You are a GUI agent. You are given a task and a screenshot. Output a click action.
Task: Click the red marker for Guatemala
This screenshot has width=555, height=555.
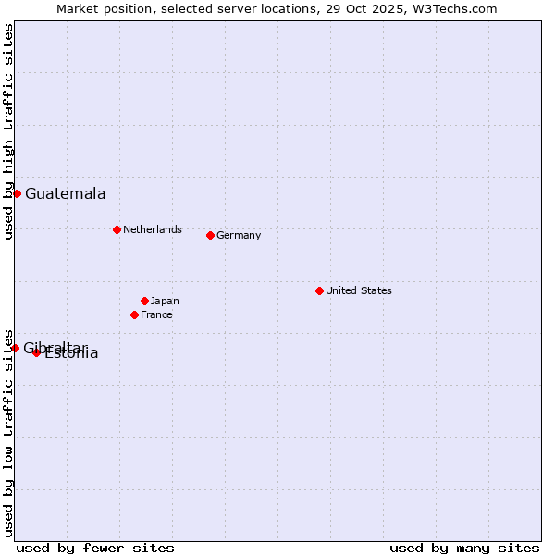(17, 193)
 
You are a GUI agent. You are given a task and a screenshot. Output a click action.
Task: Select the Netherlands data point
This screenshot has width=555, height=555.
(117, 229)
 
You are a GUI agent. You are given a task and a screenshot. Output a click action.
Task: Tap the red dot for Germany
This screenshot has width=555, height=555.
(210, 235)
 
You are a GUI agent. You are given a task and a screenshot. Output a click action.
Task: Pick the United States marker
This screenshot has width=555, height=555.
(319, 290)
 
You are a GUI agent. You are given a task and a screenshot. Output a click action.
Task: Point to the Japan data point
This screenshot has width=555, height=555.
(144, 301)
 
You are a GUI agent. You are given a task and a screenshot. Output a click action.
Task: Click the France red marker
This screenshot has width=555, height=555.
(134, 314)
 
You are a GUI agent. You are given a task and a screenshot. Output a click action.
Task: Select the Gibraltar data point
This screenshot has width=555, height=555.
(15, 348)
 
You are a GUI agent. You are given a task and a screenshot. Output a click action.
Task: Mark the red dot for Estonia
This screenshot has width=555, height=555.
(36, 352)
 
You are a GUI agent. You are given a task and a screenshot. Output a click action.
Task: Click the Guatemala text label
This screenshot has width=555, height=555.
(65, 194)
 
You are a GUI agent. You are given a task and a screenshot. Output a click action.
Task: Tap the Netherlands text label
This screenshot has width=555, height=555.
(152, 229)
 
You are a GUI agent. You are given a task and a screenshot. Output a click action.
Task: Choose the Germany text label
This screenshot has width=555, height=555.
(239, 235)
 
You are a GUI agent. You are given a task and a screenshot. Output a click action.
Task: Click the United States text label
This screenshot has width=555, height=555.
(358, 290)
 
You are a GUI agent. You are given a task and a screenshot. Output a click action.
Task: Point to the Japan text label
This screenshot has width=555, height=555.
(165, 301)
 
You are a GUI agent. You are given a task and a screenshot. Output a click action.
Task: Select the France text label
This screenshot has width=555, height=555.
(156, 314)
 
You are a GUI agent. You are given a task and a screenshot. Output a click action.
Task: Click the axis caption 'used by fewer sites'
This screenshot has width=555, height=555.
(95, 548)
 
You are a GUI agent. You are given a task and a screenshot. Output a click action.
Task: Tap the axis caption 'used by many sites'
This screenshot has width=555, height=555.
(464, 548)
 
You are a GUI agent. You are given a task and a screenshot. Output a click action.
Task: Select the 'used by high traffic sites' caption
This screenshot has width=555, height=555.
(9, 131)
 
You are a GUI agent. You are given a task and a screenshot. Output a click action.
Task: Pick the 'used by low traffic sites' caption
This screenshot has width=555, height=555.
(9, 432)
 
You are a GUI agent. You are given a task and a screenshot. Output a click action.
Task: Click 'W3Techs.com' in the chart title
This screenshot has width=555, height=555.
(455, 9)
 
